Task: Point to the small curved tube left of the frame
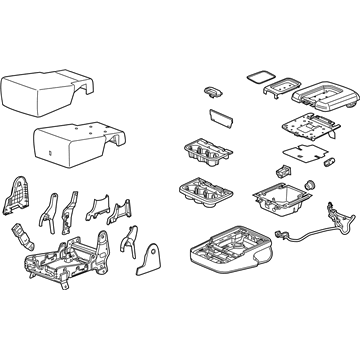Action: point(20,243)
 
